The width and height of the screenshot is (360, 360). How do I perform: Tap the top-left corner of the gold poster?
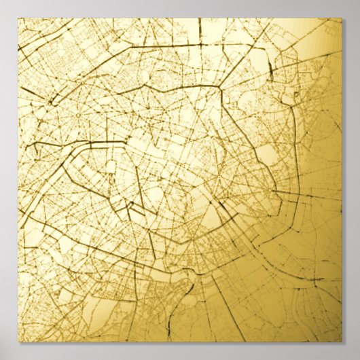18,18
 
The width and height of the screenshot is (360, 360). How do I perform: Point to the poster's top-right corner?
342,18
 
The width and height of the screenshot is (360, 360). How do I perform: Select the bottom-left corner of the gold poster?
18,342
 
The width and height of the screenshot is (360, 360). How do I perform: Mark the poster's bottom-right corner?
342,342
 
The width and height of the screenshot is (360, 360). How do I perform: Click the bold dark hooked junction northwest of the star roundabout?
51,102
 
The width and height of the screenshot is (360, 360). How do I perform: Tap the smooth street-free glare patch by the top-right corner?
319,34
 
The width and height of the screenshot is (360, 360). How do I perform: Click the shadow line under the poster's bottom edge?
180,344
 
